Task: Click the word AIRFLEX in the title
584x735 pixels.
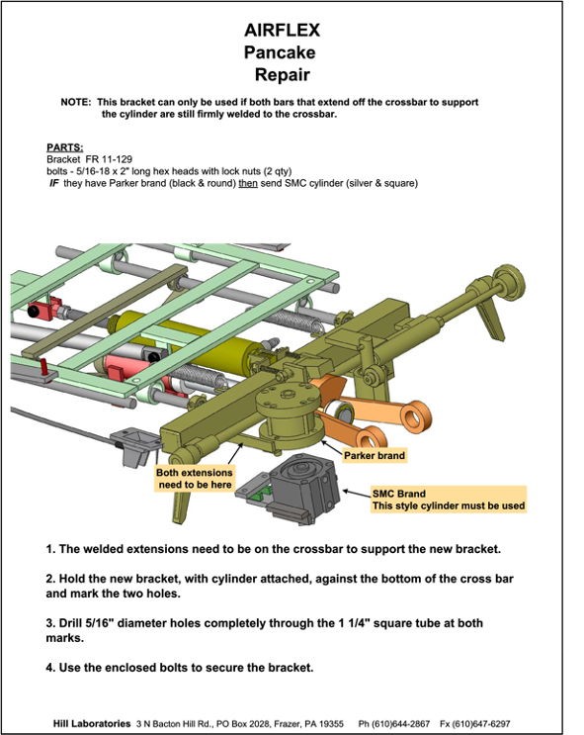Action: [282, 30]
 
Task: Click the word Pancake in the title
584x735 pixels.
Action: [280, 52]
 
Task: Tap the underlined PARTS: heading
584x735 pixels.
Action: [64, 147]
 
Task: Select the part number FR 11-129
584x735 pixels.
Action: [109, 159]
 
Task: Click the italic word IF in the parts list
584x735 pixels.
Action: [54, 183]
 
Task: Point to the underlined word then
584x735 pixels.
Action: [248, 183]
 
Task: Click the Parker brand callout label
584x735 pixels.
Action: [375, 456]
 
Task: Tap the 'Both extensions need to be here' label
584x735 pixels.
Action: [195, 479]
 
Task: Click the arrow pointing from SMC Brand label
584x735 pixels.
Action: [358, 493]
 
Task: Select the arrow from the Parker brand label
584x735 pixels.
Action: [332, 447]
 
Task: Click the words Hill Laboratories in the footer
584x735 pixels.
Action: [92, 723]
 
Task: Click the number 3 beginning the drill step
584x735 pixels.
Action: [49, 623]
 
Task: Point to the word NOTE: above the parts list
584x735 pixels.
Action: [76, 102]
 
